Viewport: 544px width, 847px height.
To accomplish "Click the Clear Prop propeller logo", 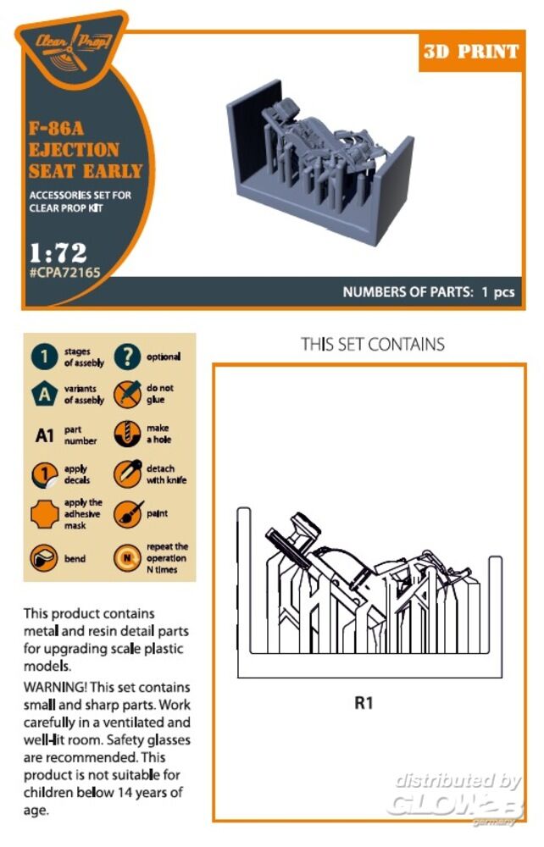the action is (x=72, y=48).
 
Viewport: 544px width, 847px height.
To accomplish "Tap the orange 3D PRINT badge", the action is (x=471, y=52).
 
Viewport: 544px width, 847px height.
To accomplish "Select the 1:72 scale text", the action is (x=58, y=252).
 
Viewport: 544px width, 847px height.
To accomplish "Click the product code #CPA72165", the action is (x=65, y=273).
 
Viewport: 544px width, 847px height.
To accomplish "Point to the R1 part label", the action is (x=364, y=703).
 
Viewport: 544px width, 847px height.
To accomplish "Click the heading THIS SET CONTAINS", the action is (x=373, y=344).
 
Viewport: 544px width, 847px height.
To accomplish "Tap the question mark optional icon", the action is (x=127, y=357).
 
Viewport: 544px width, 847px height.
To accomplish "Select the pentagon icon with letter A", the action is (x=44, y=395).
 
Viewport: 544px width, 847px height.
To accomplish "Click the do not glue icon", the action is (x=127, y=394).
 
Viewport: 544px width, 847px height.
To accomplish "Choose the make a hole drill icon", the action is (x=127, y=433).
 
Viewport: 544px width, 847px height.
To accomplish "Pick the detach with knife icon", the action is (x=127, y=473).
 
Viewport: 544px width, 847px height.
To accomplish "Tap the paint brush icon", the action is (x=128, y=514).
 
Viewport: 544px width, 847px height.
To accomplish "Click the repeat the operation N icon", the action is (x=127, y=558).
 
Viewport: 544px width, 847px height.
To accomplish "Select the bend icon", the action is (x=44, y=558).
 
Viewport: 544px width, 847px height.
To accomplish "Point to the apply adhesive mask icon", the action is (x=44, y=514).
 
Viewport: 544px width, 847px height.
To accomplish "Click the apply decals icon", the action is (x=44, y=475).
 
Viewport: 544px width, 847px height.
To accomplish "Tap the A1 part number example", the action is (x=44, y=435).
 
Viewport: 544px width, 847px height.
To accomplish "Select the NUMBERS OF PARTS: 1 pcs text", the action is (x=429, y=292).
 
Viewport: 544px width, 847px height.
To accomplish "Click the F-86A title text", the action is (x=56, y=129).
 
